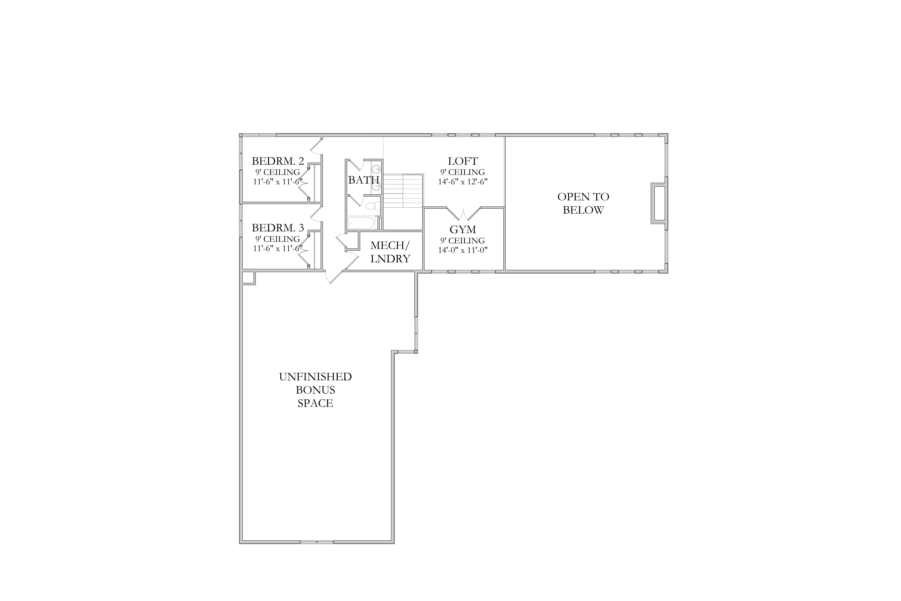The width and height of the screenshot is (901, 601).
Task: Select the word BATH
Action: pos(364,180)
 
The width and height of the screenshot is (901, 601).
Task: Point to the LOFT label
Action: pos(463,161)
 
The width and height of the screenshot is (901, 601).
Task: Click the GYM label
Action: pos(463,230)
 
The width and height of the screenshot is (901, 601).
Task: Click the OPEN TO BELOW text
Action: pos(583,203)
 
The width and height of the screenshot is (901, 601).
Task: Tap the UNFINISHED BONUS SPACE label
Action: pos(315,390)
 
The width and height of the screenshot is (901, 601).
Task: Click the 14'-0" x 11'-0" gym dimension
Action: pos(463,250)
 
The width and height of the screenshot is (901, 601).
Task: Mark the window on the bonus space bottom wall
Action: pos(317,542)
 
